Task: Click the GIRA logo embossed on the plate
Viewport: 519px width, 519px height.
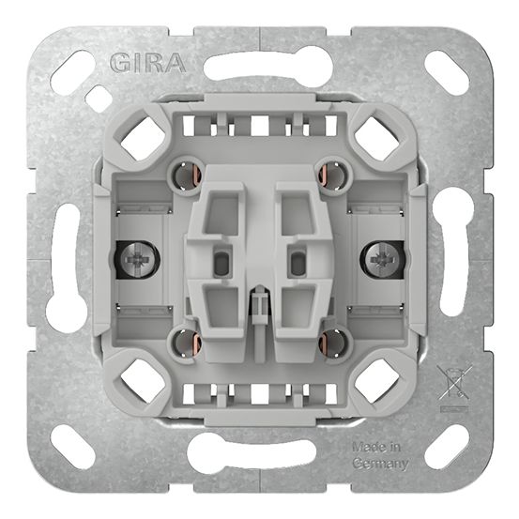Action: click(x=148, y=63)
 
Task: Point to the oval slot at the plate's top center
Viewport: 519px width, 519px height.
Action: click(x=259, y=67)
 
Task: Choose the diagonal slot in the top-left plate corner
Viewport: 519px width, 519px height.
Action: click(x=73, y=72)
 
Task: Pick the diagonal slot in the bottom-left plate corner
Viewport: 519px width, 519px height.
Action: click(x=73, y=447)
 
